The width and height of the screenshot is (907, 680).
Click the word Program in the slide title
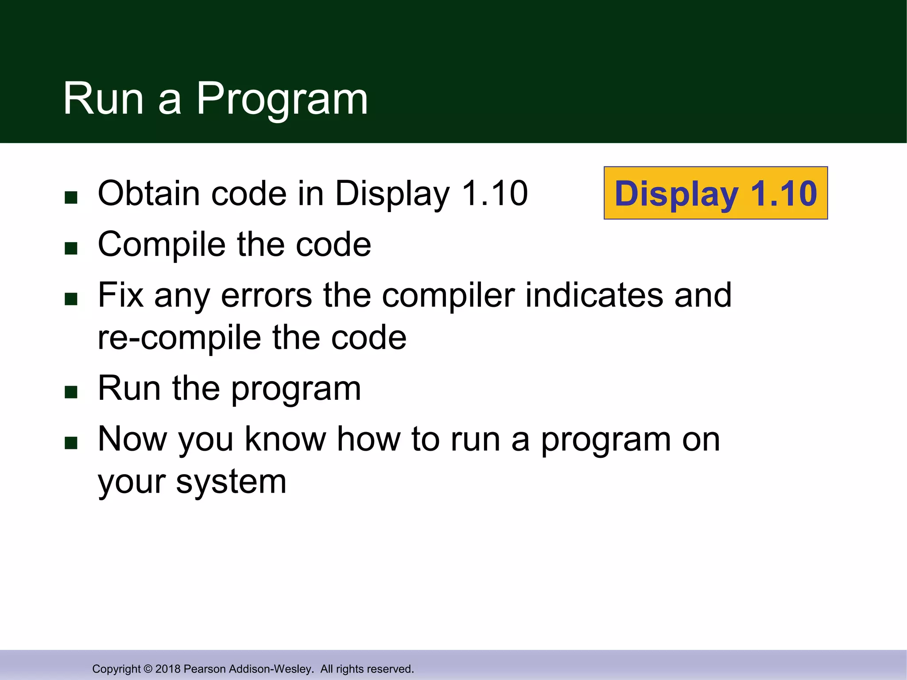tap(282, 99)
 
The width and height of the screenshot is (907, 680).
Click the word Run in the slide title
tap(103, 99)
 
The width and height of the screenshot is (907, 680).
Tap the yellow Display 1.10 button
tap(716, 193)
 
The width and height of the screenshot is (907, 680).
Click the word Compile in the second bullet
tap(162, 244)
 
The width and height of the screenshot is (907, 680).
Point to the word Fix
tap(120, 295)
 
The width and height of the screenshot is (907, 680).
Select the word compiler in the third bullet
tap(448, 295)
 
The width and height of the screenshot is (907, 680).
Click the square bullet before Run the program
tap(71, 392)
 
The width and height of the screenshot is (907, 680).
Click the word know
tap(286, 439)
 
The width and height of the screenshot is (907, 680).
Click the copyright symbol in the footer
tap(148, 669)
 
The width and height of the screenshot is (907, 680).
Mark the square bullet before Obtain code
tap(71, 197)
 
